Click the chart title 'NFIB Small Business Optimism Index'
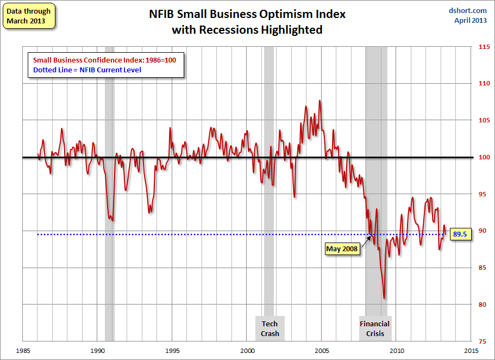pyautogui.click(x=247, y=14)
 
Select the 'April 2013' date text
pyautogui.click(x=471, y=21)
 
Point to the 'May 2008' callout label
pyautogui.click(x=342, y=249)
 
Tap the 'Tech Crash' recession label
pyautogui.click(x=269, y=328)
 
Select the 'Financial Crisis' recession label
pyautogui.click(x=374, y=328)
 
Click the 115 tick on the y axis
pyautogui.click(x=482, y=47)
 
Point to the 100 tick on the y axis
pyautogui.click(x=482, y=158)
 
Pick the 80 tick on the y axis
pyautogui.click(x=482, y=305)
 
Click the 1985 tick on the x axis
pyautogui.click(x=22, y=350)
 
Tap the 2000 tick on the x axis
pyautogui.click(x=247, y=350)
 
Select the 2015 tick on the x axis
pyautogui.click(x=471, y=350)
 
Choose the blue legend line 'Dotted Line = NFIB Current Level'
pyautogui.click(x=87, y=70)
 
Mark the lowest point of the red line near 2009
pyautogui.click(x=384, y=298)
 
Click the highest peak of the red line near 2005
pyautogui.click(x=319, y=101)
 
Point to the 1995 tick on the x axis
pyautogui.click(x=172, y=350)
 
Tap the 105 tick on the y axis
pyautogui.click(x=482, y=121)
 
